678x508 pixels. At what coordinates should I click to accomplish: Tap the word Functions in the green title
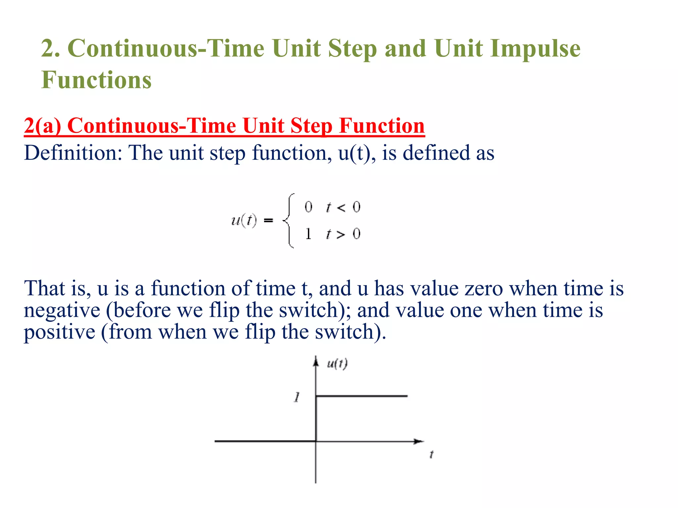(96, 80)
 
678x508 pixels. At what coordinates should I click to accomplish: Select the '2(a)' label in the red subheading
(42, 126)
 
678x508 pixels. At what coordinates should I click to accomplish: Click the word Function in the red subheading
(382, 126)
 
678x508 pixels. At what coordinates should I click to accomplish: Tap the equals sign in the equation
(268, 220)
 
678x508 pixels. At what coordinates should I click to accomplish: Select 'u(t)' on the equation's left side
(244, 220)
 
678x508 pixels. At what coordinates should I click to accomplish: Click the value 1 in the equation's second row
(308, 234)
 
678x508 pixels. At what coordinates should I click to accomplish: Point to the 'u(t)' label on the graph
(337, 364)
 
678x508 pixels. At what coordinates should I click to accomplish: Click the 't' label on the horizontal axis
(431, 455)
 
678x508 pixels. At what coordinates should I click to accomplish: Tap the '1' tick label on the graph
(297, 397)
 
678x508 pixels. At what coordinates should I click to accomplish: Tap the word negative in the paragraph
(62, 311)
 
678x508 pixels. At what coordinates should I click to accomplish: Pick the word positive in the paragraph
(60, 332)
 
